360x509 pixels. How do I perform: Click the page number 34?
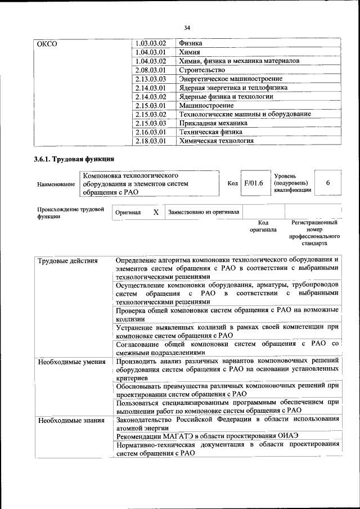pos(187,27)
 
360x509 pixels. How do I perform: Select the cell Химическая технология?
pos(216,141)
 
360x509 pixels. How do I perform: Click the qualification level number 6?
pos(328,183)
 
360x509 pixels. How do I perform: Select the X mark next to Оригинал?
pos(156,212)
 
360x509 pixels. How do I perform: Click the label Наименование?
pos(55,184)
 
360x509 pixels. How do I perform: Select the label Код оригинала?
pos(263,226)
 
